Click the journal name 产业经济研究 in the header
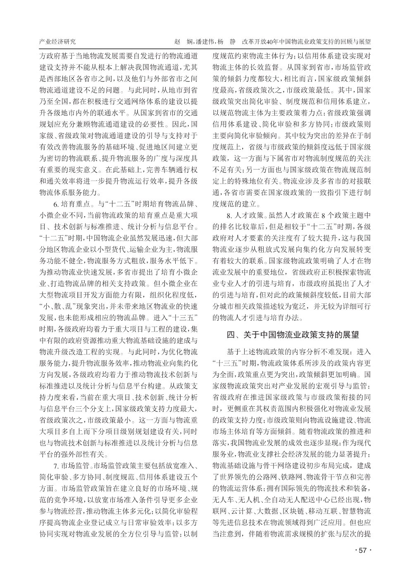[x=57, y=42]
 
